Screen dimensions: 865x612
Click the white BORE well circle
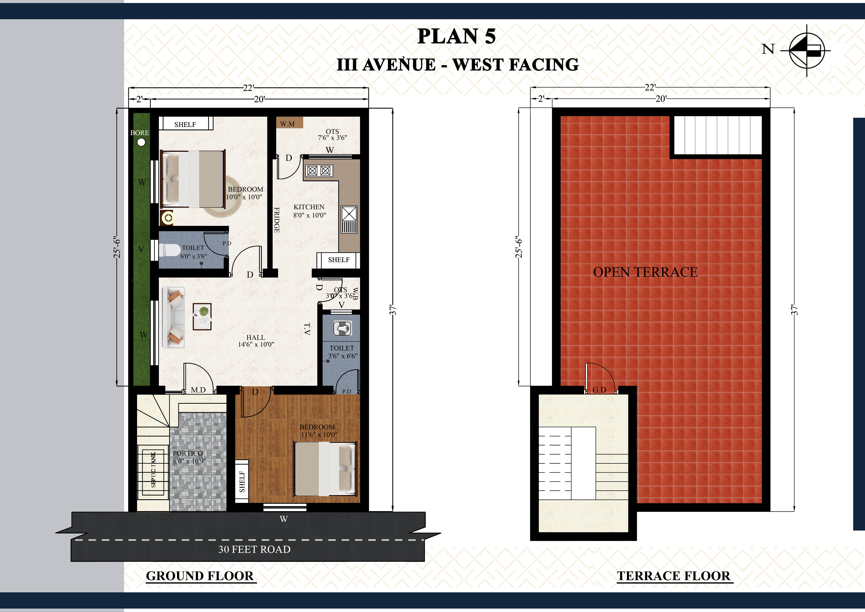[141, 142]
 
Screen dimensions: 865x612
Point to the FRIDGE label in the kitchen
[277, 220]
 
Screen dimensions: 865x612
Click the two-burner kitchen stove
[319, 171]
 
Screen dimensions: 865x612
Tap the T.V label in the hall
[307, 329]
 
